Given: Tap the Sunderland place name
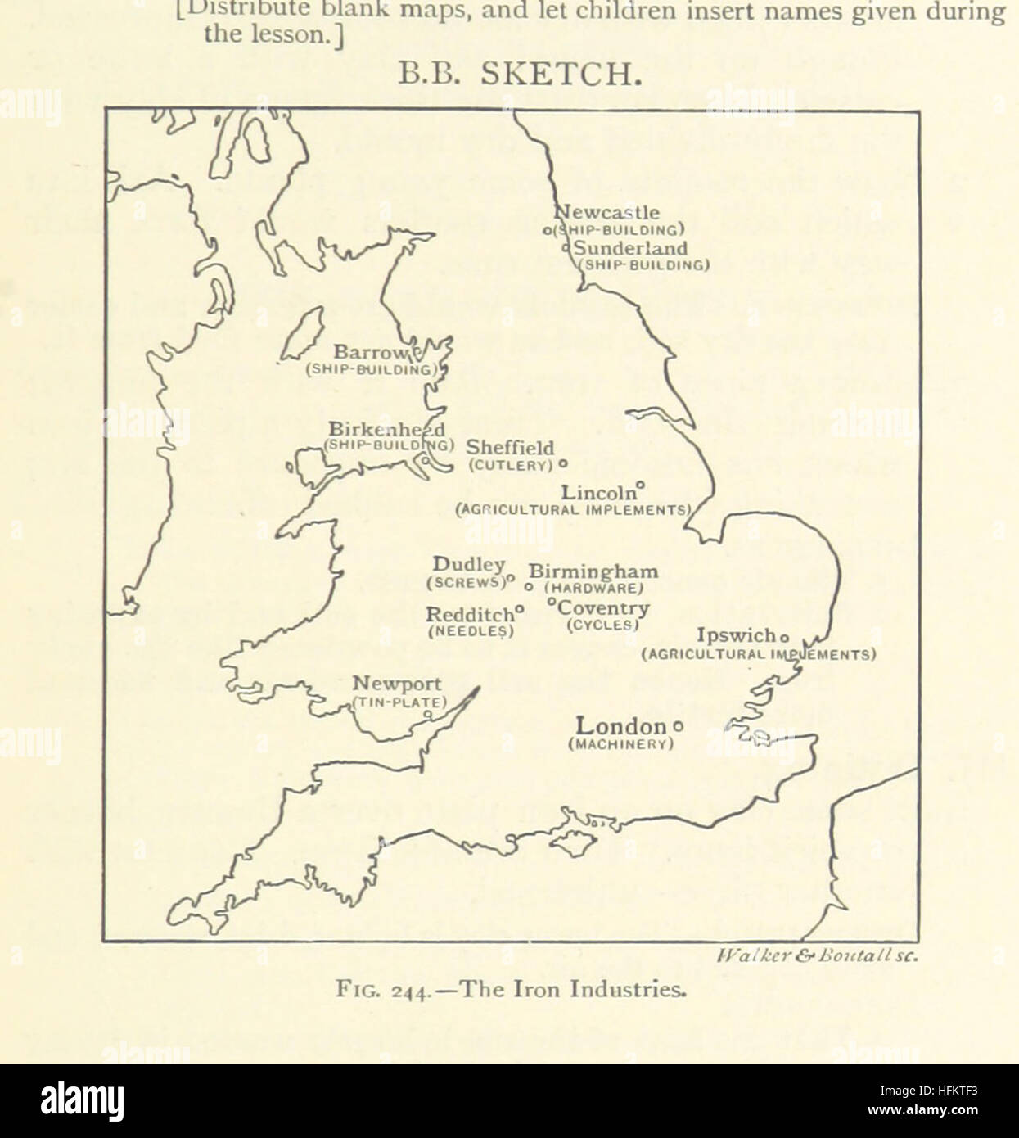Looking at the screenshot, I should point(630,248).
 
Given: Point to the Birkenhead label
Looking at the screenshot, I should point(386,429).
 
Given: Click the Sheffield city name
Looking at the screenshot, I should point(510,448).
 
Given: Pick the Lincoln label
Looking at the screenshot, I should point(598,493).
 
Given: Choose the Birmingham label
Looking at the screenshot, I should point(593,571).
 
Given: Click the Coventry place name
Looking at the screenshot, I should point(604,608).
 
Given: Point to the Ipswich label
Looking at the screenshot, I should point(735,635).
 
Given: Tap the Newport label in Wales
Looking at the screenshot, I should point(397,684).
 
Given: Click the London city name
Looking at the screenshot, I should point(621,726).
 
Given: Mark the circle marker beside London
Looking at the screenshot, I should point(677,726).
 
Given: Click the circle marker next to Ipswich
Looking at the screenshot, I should point(783,637).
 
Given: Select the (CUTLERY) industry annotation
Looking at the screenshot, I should point(512,465).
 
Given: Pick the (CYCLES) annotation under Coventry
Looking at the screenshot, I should point(602,625).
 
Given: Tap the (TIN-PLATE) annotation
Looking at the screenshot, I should point(400,702).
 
